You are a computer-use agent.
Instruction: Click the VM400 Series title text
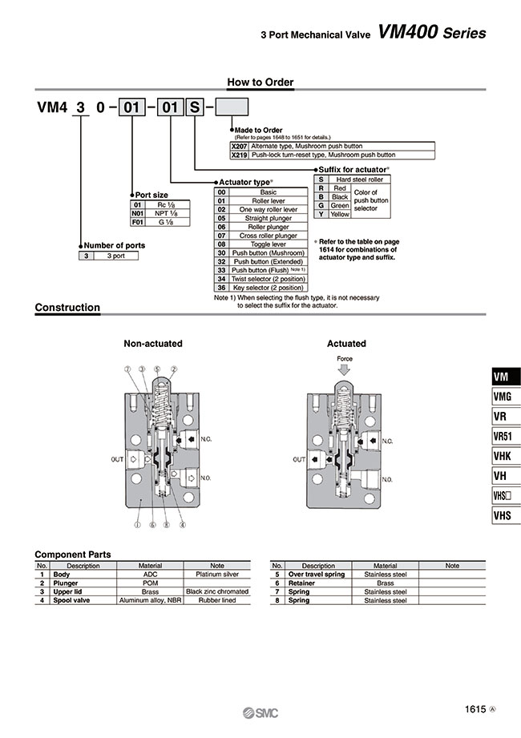pyautogui.click(x=431, y=33)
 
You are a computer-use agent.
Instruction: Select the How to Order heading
pyautogui.click(x=260, y=82)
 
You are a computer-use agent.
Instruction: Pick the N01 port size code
pyautogui.click(x=137, y=214)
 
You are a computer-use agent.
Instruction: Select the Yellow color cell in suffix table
pyautogui.click(x=340, y=214)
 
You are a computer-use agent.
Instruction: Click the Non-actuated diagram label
pyautogui.click(x=152, y=343)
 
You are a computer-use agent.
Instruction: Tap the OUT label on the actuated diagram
pyautogui.click(x=300, y=460)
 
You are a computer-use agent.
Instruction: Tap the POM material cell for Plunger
pyautogui.click(x=151, y=583)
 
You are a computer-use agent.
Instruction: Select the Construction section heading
pyautogui.click(x=68, y=308)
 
